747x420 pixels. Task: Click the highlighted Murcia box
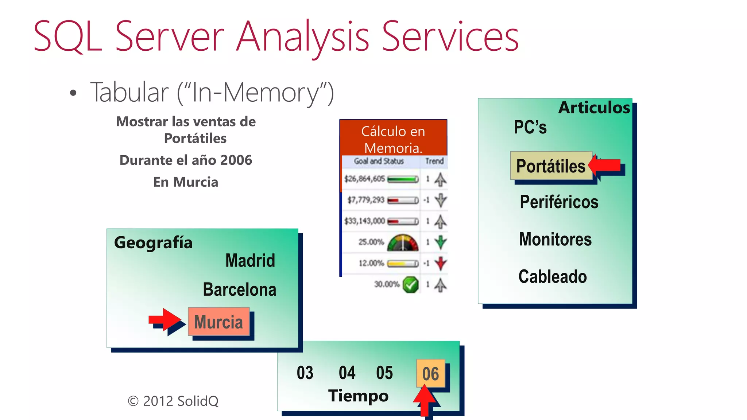(218, 322)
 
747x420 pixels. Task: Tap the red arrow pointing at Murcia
(165, 320)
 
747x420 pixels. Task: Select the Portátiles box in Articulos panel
(551, 166)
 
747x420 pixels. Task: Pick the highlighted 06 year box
(430, 374)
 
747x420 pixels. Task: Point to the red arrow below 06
(425, 401)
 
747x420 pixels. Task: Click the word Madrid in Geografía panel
(250, 260)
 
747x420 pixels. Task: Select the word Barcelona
(239, 289)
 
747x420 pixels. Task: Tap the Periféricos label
(559, 202)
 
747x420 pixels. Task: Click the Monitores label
(555, 239)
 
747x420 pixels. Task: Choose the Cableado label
(553, 276)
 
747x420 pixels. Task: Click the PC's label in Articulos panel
(530, 127)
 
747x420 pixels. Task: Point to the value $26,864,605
(364, 179)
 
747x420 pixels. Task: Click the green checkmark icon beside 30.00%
(411, 284)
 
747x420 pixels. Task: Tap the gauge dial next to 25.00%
(403, 242)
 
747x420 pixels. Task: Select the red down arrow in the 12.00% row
(441, 263)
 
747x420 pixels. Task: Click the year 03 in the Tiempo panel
(305, 373)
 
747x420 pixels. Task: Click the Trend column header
(434, 161)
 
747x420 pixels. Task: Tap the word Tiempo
(358, 396)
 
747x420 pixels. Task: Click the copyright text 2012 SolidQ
(173, 401)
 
